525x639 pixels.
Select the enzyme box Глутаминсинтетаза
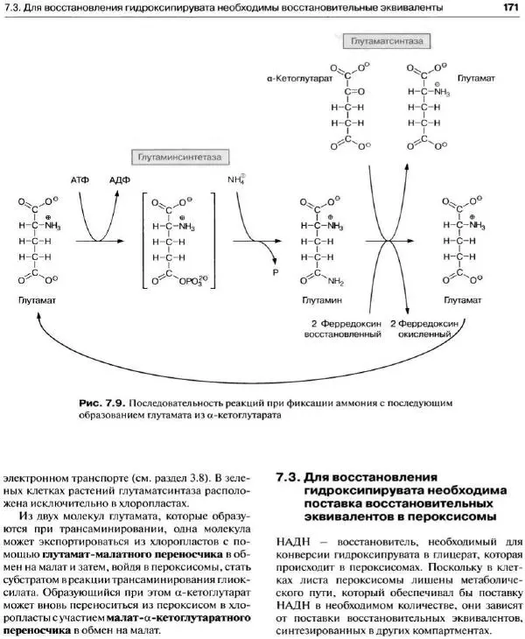pos(178,157)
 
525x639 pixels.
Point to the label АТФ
pos(80,179)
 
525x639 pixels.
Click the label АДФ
pos(120,179)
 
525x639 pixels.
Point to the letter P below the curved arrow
pos(273,272)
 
